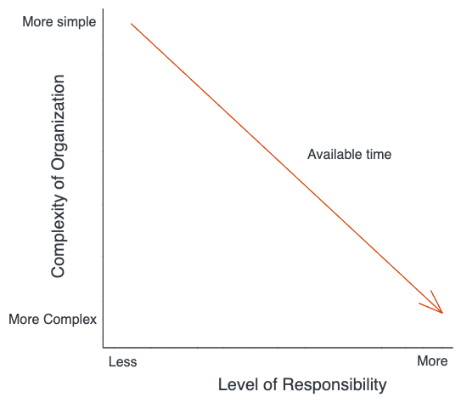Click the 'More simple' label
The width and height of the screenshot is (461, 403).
[59, 22]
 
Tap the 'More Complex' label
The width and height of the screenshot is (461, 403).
[53, 320]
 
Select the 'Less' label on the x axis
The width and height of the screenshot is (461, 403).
[122, 362]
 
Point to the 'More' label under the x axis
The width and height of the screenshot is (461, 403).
[432, 360]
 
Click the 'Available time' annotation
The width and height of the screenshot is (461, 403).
[349, 154]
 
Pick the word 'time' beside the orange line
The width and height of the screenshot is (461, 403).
[379, 154]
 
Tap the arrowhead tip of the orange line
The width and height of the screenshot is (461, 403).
[442, 313]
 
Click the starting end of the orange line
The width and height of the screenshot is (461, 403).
[131, 24]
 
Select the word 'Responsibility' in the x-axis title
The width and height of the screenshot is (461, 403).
[335, 385]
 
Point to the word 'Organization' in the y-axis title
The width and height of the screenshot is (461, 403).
[58, 122]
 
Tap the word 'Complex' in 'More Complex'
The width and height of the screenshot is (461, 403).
[70, 320]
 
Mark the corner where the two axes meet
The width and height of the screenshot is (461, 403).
[104, 348]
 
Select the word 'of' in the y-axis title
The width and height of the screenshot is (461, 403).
[58, 183]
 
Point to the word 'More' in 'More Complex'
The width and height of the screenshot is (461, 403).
[25, 320]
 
